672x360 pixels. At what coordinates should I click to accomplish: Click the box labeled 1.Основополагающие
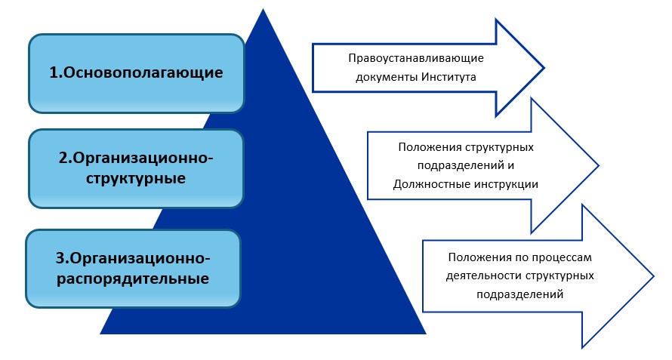point(136,73)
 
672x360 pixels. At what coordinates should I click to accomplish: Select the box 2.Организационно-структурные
point(136,168)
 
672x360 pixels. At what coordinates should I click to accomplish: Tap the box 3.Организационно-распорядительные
point(133,269)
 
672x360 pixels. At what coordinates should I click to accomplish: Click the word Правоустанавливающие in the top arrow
point(416,58)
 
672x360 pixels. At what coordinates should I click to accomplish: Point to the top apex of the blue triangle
point(263,9)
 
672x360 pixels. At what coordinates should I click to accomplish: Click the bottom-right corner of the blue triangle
point(426,334)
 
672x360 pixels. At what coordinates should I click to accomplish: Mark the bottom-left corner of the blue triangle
point(100,334)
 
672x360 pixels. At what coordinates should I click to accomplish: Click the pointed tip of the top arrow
point(544,67)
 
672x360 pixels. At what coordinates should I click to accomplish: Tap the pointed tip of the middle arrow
point(599,165)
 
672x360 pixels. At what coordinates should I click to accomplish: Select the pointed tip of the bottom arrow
point(654,276)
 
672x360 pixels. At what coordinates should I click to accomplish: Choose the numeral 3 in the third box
point(60,259)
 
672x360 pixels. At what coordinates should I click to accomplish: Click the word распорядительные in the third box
point(133,278)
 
